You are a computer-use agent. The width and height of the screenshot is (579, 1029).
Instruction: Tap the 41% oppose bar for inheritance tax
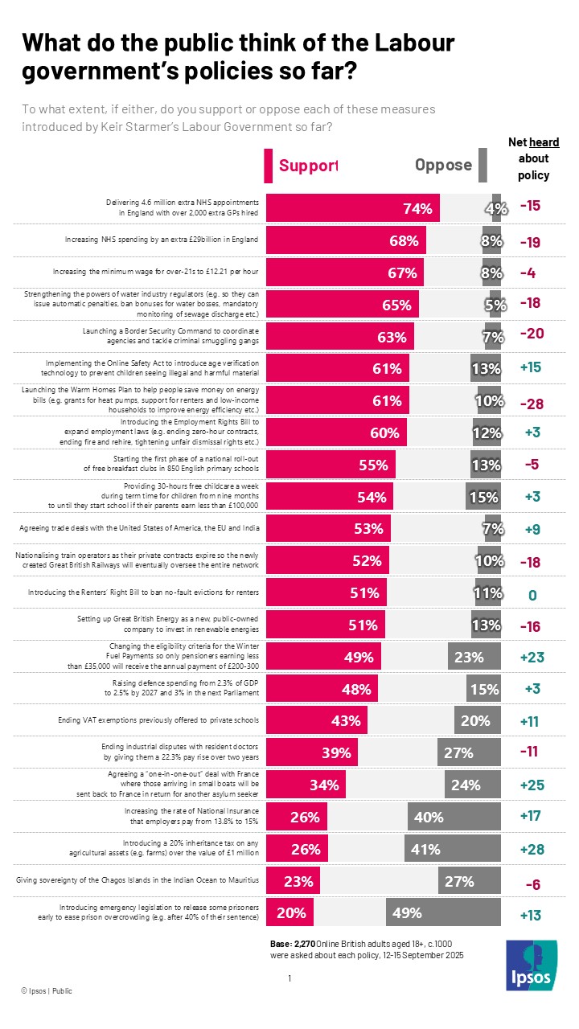[454, 849]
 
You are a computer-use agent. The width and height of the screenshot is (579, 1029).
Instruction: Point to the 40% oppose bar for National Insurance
[454, 818]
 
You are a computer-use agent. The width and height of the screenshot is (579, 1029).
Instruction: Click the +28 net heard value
[530, 849]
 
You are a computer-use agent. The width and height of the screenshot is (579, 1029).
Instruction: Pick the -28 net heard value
[530, 402]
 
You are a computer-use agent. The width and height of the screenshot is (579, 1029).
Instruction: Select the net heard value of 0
[530, 595]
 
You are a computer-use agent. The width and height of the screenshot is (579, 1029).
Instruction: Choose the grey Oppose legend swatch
[482, 166]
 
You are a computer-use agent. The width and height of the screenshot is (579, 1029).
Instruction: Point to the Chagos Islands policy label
[138, 880]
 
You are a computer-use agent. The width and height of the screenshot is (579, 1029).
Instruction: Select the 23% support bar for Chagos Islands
[293, 880]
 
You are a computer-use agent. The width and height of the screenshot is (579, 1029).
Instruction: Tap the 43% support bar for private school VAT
[317, 720]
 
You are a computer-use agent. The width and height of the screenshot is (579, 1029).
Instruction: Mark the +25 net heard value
[530, 785]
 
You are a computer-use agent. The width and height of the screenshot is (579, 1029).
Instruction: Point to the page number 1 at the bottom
[289, 978]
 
